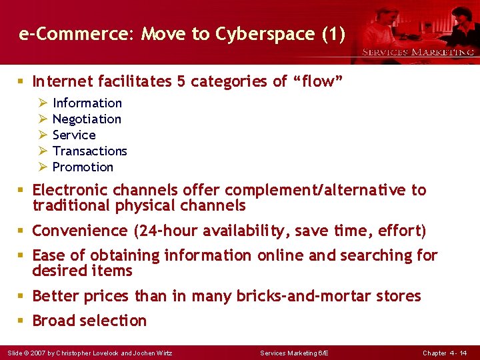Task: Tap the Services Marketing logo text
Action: point(418,52)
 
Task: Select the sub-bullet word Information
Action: point(87,103)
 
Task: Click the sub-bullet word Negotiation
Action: point(87,119)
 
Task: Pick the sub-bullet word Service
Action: point(74,135)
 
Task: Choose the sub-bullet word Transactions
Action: point(89,151)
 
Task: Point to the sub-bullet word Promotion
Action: point(83,167)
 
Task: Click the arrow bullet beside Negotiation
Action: point(42,119)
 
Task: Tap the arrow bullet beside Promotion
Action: point(42,167)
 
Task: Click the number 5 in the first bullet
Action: point(181,81)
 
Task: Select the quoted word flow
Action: point(318,81)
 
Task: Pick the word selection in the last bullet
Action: point(117,321)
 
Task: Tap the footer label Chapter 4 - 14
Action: point(445,353)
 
